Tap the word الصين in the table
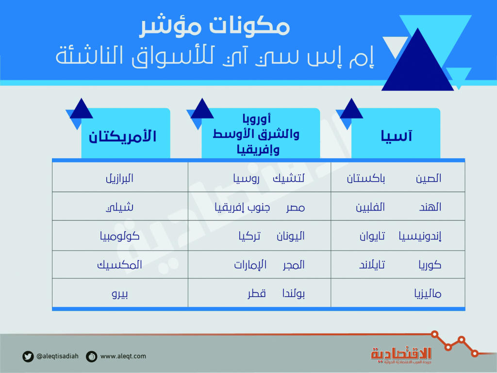coord(428,178)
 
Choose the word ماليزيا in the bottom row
coord(427,293)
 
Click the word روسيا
coord(247,178)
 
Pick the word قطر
coord(257,293)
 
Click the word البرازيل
coord(119,178)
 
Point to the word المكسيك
coord(119,265)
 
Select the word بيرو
coord(119,293)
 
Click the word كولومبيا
coord(119,237)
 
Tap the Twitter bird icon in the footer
coord(28,356)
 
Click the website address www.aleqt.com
coord(123,356)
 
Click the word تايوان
coord(372,237)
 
